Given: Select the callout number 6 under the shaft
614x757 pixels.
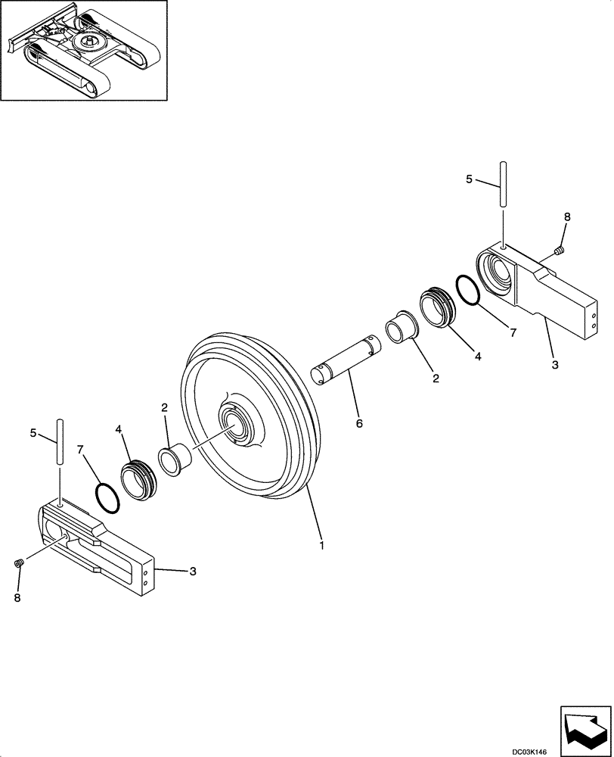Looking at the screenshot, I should (358, 424).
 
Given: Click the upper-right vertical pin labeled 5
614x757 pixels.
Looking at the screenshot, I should (501, 185).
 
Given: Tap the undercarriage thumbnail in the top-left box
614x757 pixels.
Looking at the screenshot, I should (84, 49).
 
